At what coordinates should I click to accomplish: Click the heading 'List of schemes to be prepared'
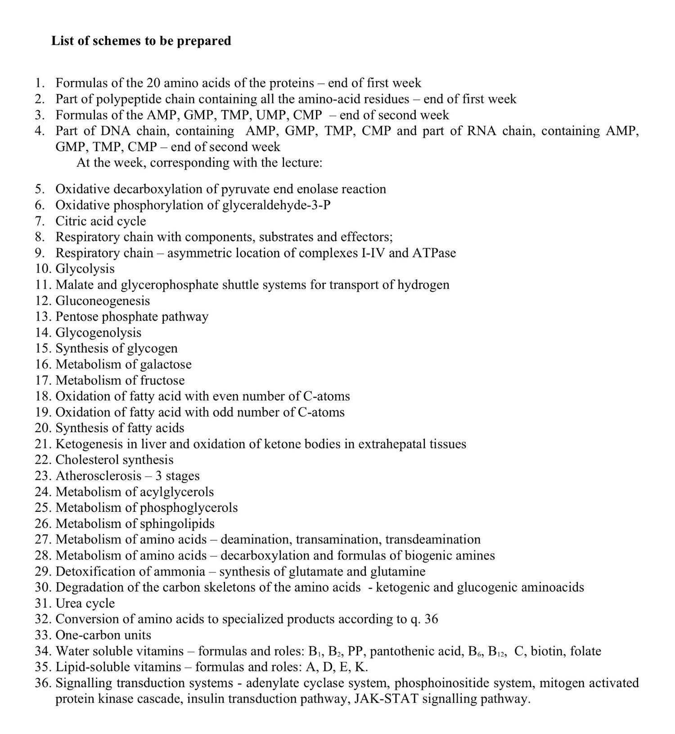point(141,41)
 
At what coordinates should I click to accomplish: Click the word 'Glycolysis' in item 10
point(85,269)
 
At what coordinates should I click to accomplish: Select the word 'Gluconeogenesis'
point(103,301)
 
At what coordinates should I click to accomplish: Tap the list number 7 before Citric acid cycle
point(40,221)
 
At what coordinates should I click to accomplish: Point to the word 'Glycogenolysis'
point(98,333)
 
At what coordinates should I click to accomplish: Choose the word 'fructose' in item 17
point(162,380)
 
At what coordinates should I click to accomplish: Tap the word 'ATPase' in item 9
point(434,253)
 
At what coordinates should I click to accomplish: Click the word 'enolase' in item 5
point(318,189)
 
